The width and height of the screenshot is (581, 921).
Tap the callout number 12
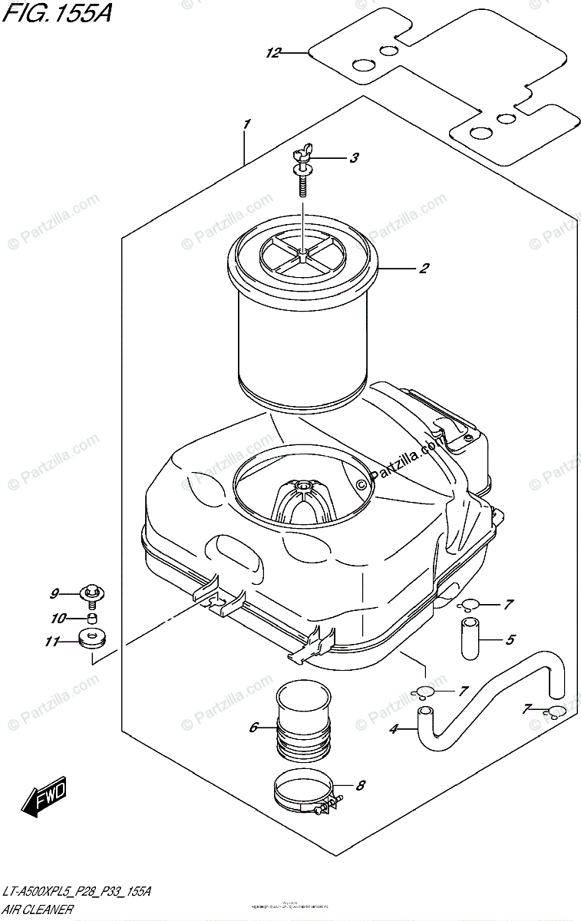tap(273, 52)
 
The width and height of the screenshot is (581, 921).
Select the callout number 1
tap(246, 124)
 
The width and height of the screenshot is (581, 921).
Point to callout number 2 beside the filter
tap(423, 269)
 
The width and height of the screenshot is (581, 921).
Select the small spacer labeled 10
tap(93, 619)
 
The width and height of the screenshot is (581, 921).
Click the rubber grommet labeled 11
tap(93, 639)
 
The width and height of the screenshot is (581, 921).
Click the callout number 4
tap(394, 729)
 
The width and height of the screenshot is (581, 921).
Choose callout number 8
tap(361, 785)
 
